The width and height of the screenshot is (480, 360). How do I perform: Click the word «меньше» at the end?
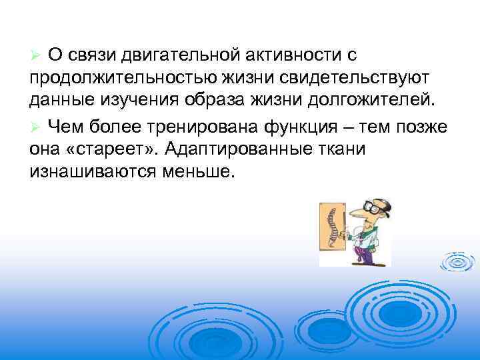(x=197, y=171)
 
